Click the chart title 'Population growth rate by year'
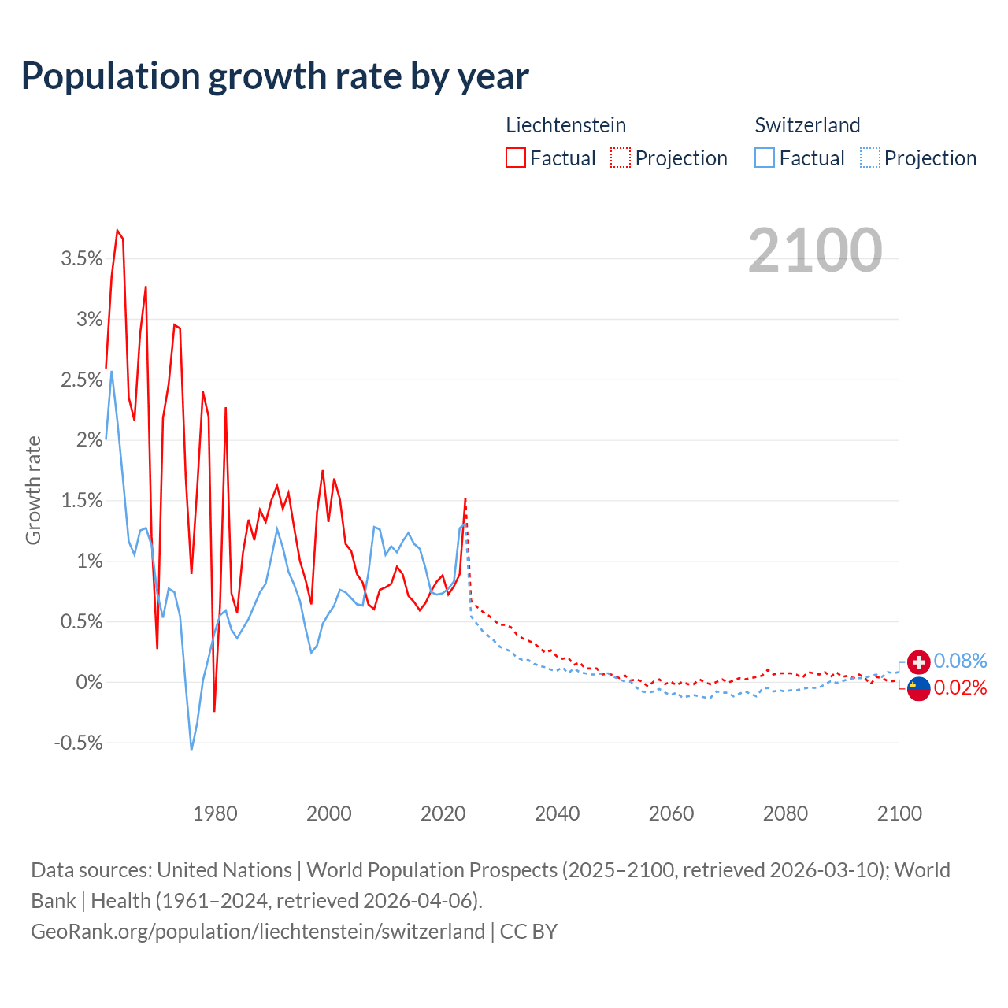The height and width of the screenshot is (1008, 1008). [x=275, y=76]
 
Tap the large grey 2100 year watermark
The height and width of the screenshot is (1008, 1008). [x=815, y=250]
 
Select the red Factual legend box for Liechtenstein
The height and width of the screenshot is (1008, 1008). [x=516, y=158]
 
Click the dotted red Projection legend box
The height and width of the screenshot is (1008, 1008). [x=621, y=158]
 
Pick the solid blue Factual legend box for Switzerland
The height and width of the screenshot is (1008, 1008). [x=765, y=158]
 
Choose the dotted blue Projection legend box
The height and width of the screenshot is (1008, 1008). [x=869, y=158]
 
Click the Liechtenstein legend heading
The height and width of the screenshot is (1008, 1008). [x=565, y=125]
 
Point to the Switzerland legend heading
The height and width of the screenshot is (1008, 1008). [x=807, y=125]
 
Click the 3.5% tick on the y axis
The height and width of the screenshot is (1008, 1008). [x=82, y=259]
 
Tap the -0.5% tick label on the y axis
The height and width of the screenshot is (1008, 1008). [x=79, y=743]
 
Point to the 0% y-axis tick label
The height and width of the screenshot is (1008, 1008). [x=89, y=683]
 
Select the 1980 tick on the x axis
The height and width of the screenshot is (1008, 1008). [x=215, y=813]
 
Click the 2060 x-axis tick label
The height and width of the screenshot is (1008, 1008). [x=671, y=813]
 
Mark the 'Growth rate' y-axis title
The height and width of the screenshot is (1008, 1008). [x=33, y=490]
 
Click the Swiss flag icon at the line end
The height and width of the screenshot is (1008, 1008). [x=918, y=661]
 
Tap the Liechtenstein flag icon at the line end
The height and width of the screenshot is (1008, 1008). [x=918, y=688]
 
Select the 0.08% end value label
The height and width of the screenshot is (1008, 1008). [x=960, y=661]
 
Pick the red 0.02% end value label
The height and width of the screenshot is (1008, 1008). [x=960, y=688]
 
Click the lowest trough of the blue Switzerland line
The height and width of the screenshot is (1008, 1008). [x=191, y=750]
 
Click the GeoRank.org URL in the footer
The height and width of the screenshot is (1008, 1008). [x=258, y=932]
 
